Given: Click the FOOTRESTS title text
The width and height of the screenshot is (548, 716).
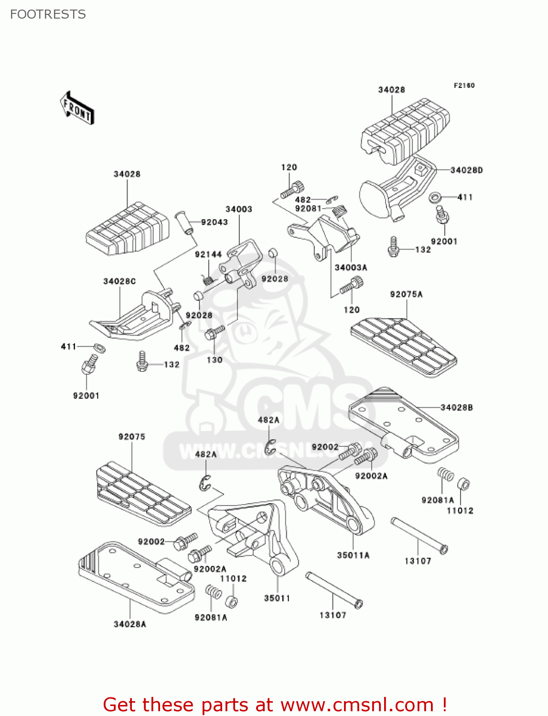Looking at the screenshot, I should [48, 14].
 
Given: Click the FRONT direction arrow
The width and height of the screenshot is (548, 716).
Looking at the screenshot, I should [77, 108].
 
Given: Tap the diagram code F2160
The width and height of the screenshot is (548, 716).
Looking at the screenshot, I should [464, 85].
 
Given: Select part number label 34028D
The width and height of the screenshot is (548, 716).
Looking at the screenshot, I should [466, 170].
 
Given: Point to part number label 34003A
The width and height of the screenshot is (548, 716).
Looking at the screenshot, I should [351, 268].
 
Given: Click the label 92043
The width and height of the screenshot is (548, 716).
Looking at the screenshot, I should [214, 222].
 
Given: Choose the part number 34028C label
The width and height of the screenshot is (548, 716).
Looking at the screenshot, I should [119, 281].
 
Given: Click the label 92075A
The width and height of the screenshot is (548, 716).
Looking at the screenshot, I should [406, 295].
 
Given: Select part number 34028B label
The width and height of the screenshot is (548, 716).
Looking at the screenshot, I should [456, 407].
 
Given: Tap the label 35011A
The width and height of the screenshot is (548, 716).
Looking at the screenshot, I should [353, 555].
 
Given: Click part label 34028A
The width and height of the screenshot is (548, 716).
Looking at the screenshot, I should [130, 624].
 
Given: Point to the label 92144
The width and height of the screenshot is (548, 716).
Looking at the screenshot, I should [208, 254].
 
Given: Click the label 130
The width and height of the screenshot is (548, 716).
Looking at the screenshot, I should [215, 360].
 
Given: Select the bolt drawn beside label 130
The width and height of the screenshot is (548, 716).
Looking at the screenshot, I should [215, 332].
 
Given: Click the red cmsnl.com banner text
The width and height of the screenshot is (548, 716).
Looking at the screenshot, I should [275, 705].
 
